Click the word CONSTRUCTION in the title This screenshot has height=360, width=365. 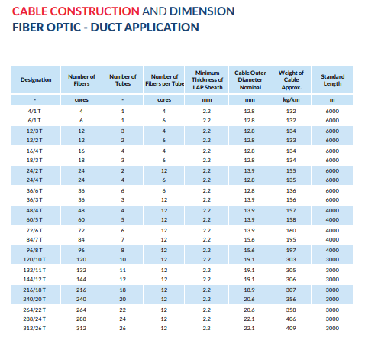pos(95,11)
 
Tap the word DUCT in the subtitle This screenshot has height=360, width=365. pos(105,28)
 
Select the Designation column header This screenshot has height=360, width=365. pos(36,79)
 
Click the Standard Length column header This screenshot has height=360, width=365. pos(332,80)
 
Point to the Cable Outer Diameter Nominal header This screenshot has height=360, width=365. pos(250,80)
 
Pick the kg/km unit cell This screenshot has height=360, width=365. pos(291,100)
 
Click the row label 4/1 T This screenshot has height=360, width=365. pos(34,112)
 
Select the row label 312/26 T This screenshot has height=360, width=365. pos(34,329)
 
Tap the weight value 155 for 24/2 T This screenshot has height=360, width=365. pos(291,171)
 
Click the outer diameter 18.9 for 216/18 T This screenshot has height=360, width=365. pos(249,290)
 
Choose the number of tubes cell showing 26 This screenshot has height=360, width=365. pos(123,329)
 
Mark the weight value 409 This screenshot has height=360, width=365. pos(291,329)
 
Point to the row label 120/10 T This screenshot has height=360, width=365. pos(34,260)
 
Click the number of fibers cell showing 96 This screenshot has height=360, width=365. pos(81,251)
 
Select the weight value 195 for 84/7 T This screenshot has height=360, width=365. pos(291,240)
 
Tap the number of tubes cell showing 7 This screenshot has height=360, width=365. pos(123,240)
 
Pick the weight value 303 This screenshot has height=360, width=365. pos(291,260)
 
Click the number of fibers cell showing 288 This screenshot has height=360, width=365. pos(81,319)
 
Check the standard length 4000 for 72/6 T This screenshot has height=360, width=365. pos(332,231)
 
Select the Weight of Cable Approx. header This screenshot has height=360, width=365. pos(291,80)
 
